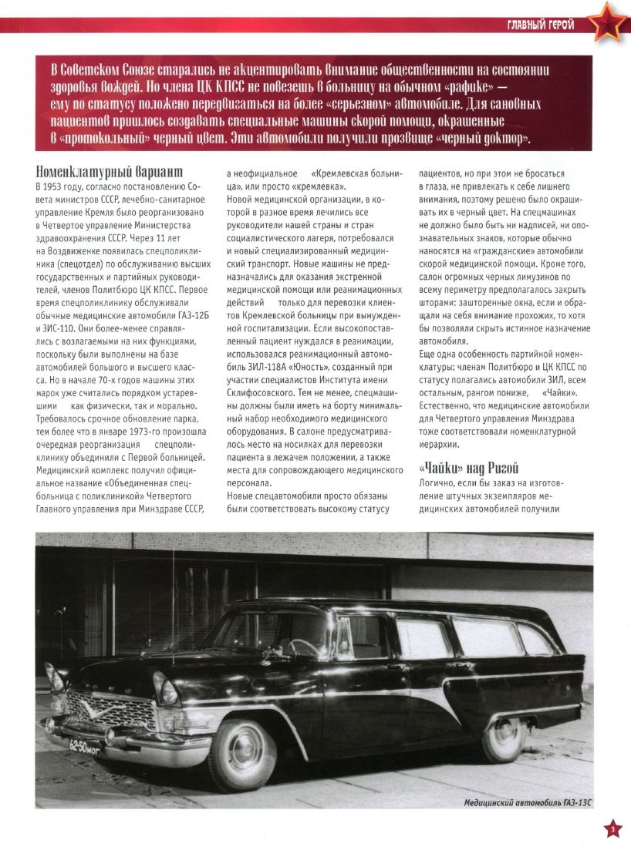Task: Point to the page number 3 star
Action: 610,829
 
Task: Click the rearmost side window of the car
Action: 534,639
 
